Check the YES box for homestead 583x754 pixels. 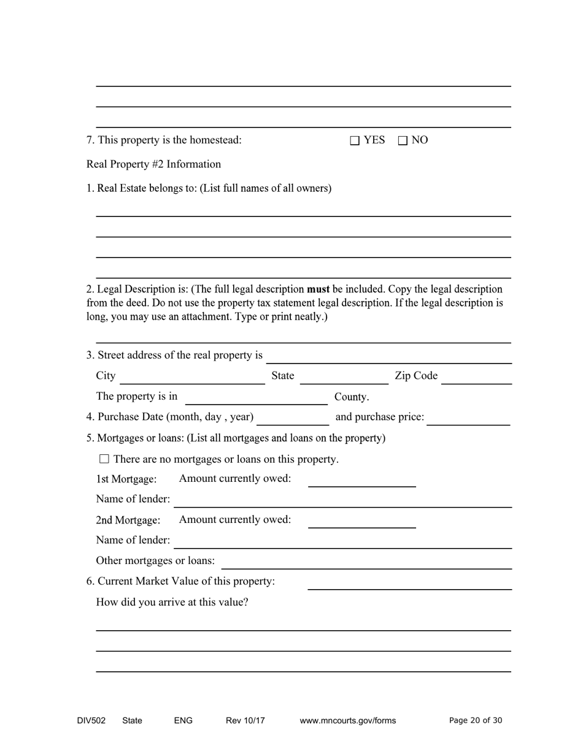[x=355, y=140]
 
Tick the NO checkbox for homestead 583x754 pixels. [x=403, y=140]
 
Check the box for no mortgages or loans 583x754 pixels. [x=104, y=459]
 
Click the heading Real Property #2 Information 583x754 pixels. [x=153, y=164]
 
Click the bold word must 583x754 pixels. [x=319, y=289]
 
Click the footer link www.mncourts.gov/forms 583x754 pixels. [x=347, y=721]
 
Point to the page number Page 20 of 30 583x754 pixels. [x=476, y=721]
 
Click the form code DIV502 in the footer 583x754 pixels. [x=91, y=721]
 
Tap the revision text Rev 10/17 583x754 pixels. [x=245, y=721]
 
